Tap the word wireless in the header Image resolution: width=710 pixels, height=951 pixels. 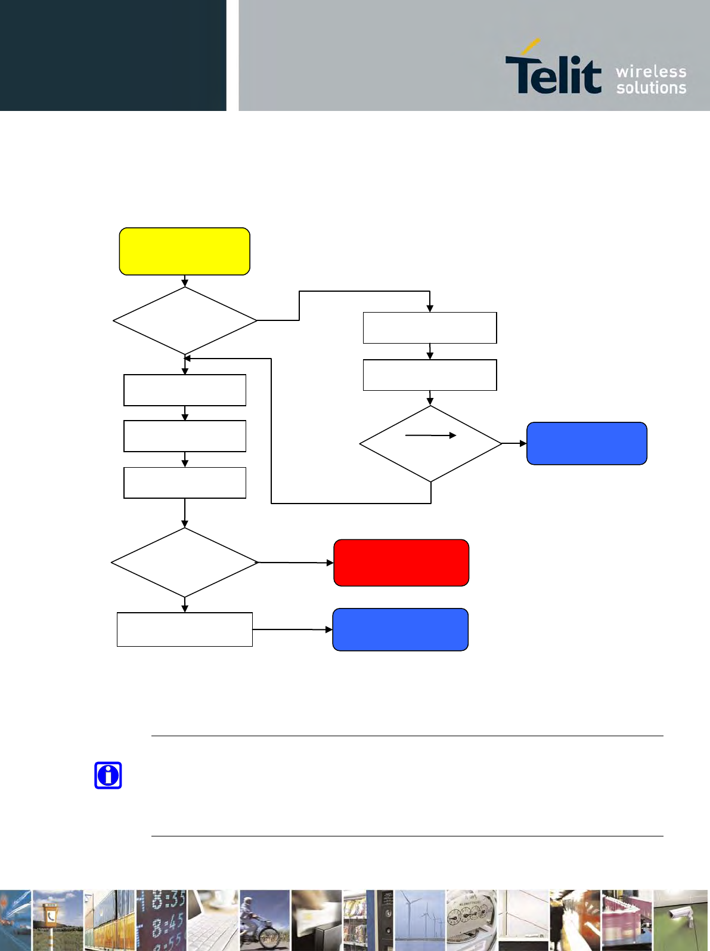651,72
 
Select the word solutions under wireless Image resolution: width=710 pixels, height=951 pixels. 651,88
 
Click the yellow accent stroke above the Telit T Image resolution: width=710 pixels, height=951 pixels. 531,47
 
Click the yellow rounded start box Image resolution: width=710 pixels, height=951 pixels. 184,251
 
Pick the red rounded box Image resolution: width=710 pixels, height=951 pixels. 401,563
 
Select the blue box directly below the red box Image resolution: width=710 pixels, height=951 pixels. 400,629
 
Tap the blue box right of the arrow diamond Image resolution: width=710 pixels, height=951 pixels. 587,443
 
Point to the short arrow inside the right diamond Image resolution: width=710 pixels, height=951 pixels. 430,436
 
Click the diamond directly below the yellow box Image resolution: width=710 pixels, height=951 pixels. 185,321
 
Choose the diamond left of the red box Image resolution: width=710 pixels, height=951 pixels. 184,562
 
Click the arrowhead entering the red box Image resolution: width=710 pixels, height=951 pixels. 330,563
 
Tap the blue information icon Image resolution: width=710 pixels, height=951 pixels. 108,776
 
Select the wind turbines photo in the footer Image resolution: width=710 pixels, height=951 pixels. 420,920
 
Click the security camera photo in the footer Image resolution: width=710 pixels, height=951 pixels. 681,920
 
